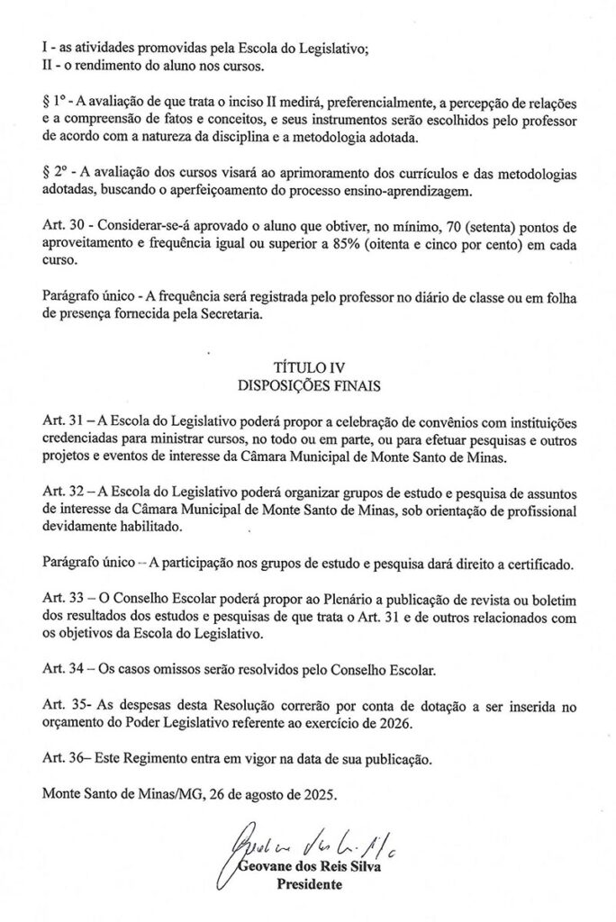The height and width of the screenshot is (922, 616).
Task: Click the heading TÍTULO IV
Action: click(x=309, y=368)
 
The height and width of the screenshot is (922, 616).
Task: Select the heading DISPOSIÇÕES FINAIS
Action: click(x=309, y=384)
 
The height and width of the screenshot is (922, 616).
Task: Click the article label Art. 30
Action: click(x=63, y=222)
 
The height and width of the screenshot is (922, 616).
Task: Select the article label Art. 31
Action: click(x=63, y=423)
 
